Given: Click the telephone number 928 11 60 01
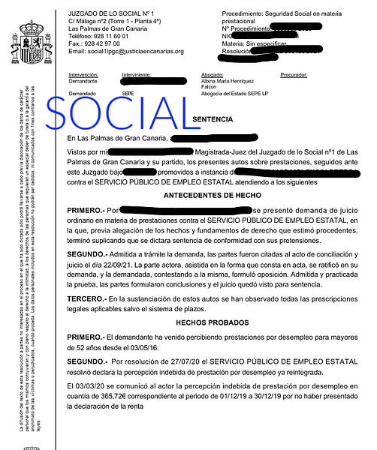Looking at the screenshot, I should click(x=112, y=35).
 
